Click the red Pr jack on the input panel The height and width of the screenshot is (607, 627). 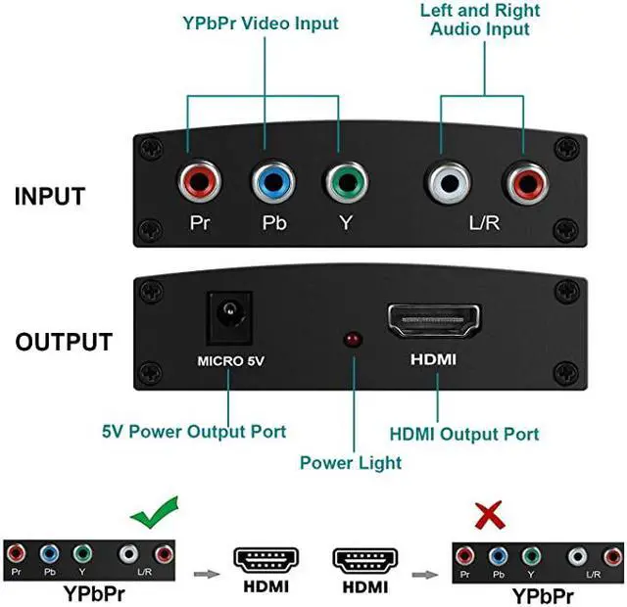[199, 182]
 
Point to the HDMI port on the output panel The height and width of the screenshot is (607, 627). [432, 320]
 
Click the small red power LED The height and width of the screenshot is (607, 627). [350, 341]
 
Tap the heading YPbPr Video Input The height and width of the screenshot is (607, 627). [260, 23]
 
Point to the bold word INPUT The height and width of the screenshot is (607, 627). [50, 196]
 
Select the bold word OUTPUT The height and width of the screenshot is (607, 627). [64, 343]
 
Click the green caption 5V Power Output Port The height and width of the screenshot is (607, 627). [194, 431]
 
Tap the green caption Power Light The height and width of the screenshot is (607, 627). [351, 463]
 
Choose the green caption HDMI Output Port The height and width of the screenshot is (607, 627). [464, 434]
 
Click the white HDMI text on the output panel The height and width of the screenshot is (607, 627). [432, 360]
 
